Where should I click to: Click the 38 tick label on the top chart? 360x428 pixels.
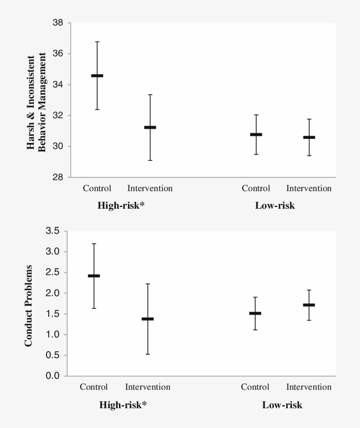tap(58, 23)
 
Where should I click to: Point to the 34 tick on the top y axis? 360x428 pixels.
tap(58, 84)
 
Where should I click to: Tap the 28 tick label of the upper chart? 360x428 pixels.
tap(58, 177)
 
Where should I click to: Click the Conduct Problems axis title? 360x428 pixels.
tap(29, 305)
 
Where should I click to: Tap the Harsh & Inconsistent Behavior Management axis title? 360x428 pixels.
tap(37, 102)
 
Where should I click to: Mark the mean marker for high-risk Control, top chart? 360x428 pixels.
tap(97, 76)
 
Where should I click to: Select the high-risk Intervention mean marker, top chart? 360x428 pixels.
tap(150, 127)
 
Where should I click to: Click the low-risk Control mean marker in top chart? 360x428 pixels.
tap(256, 134)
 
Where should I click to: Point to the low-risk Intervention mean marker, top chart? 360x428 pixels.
tap(309, 137)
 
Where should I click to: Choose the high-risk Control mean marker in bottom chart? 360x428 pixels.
tap(94, 276)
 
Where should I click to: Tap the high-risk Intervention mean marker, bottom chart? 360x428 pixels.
tap(148, 319)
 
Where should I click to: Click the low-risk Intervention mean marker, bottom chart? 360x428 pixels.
tap(309, 305)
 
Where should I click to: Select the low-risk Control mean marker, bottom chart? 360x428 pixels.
tap(255, 313)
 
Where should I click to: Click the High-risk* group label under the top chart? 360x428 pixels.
tap(121, 205)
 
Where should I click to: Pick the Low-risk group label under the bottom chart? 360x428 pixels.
tap(282, 405)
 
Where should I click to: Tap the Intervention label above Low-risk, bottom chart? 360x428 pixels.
tap(309, 387)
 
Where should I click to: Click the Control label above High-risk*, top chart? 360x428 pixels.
tap(97, 189)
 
